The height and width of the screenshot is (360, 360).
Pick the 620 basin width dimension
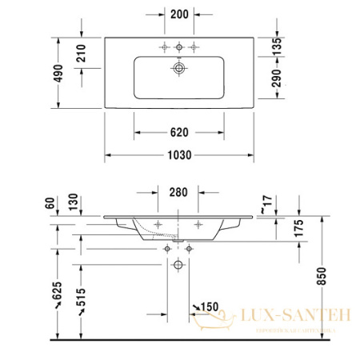[x=179, y=130]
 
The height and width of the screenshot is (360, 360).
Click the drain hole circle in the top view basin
[x=178, y=69]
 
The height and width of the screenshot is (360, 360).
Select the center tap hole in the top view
[x=178, y=48]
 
